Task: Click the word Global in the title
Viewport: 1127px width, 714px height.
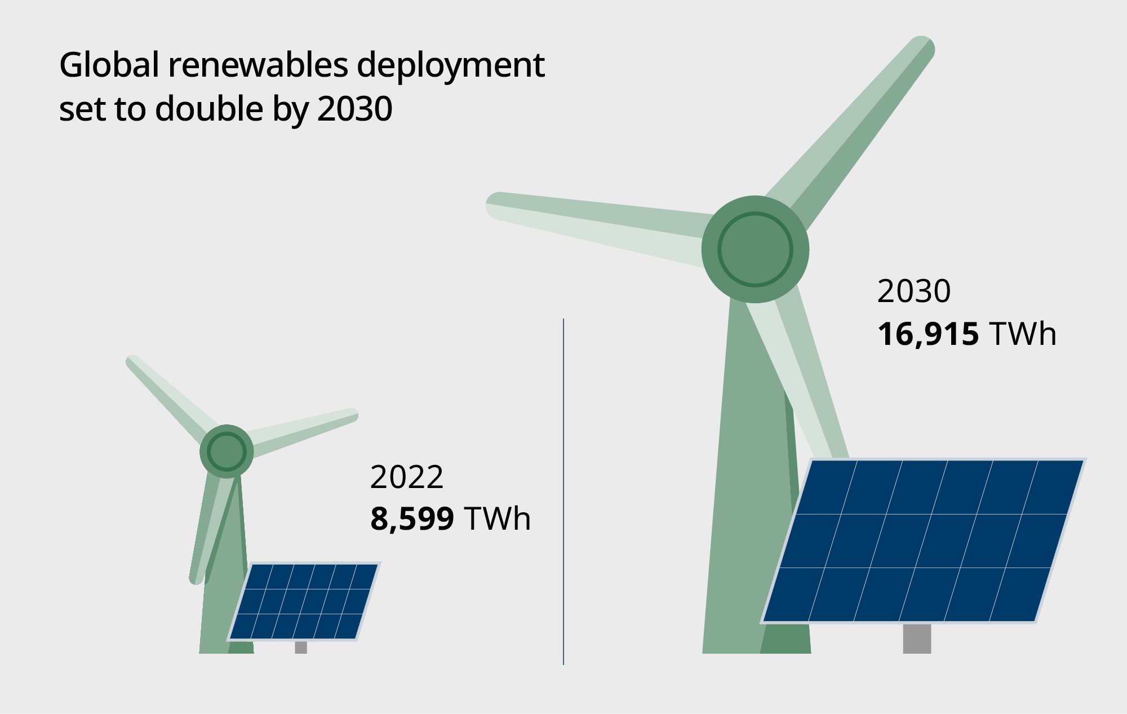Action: pyautogui.click(x=109, y=65)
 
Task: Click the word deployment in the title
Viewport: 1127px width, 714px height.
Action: pyautogui.click(x=450, y=66)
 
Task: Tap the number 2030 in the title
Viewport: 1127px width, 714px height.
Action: pyautogui.click(x=354, y=109)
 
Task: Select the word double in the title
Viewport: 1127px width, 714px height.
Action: pyautogui.click(x=209, y=109)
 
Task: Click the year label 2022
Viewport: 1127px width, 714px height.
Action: pyautogui.click(x=406, y=477)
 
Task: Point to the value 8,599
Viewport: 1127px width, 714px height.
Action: pyautogui.click(x=412, y=519)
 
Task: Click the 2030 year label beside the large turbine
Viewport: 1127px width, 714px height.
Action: pyautogui.click(x=913, y=291)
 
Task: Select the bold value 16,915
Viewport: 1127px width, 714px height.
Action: pyautogui.click(x=928, y=334)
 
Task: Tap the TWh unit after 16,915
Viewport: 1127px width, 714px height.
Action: pyautogui.click(x=1023, y=334)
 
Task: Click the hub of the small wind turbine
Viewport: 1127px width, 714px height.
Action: pyautogui.click(x=227, y=451)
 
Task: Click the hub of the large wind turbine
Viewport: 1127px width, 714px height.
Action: pyautogui.click(x=755, y=249)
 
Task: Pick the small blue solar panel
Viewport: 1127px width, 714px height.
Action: pyautogui.click(x=304, y=601)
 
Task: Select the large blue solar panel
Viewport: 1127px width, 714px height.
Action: pyautogui.click(x=923, y=541)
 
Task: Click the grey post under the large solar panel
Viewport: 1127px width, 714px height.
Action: pyautogui.click(x=917, y=638)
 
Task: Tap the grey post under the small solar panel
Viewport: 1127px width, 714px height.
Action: pyautogui.click(x=301, y=647)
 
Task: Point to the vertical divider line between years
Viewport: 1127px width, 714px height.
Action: pyautogui.click(x=563, y=490)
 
